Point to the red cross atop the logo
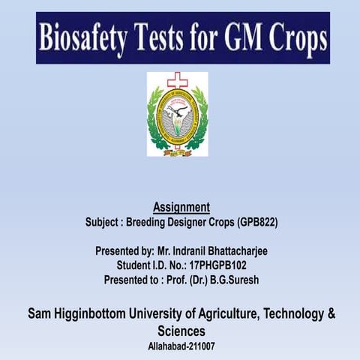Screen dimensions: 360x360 coord(177,79)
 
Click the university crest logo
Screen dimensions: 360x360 coord(177,116)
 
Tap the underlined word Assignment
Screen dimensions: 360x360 coord(181,206)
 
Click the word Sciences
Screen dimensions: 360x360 coord(181,331)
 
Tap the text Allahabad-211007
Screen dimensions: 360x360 coord(181,346)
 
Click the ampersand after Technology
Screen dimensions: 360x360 coord(331,314)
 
